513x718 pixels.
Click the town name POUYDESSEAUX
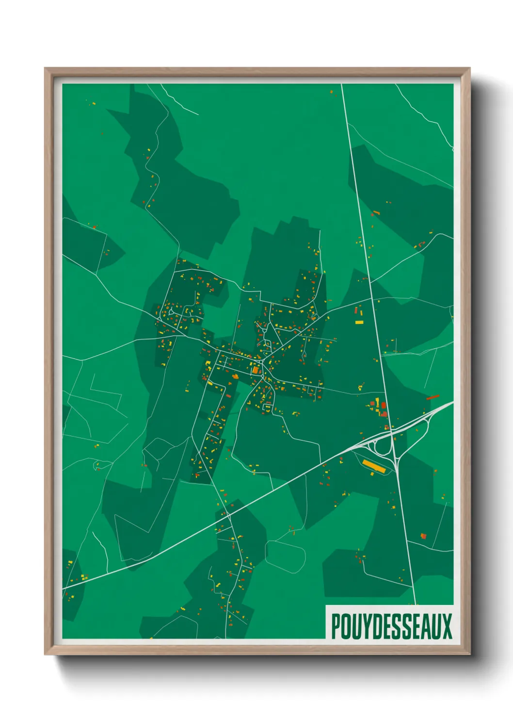[x=391, y=626]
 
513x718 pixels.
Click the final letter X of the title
[x=447, y=626]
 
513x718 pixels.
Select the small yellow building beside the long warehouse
[x=372, y=473]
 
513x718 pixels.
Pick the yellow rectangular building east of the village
[x=359, y=322]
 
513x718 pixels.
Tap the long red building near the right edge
[x=433, y=397]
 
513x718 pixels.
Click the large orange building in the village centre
[x=255, y=370]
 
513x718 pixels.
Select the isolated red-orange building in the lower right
[x=423, y=536]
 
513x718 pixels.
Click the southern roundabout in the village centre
[x=262, y=376]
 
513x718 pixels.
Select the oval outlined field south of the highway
[x=285, y=556]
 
